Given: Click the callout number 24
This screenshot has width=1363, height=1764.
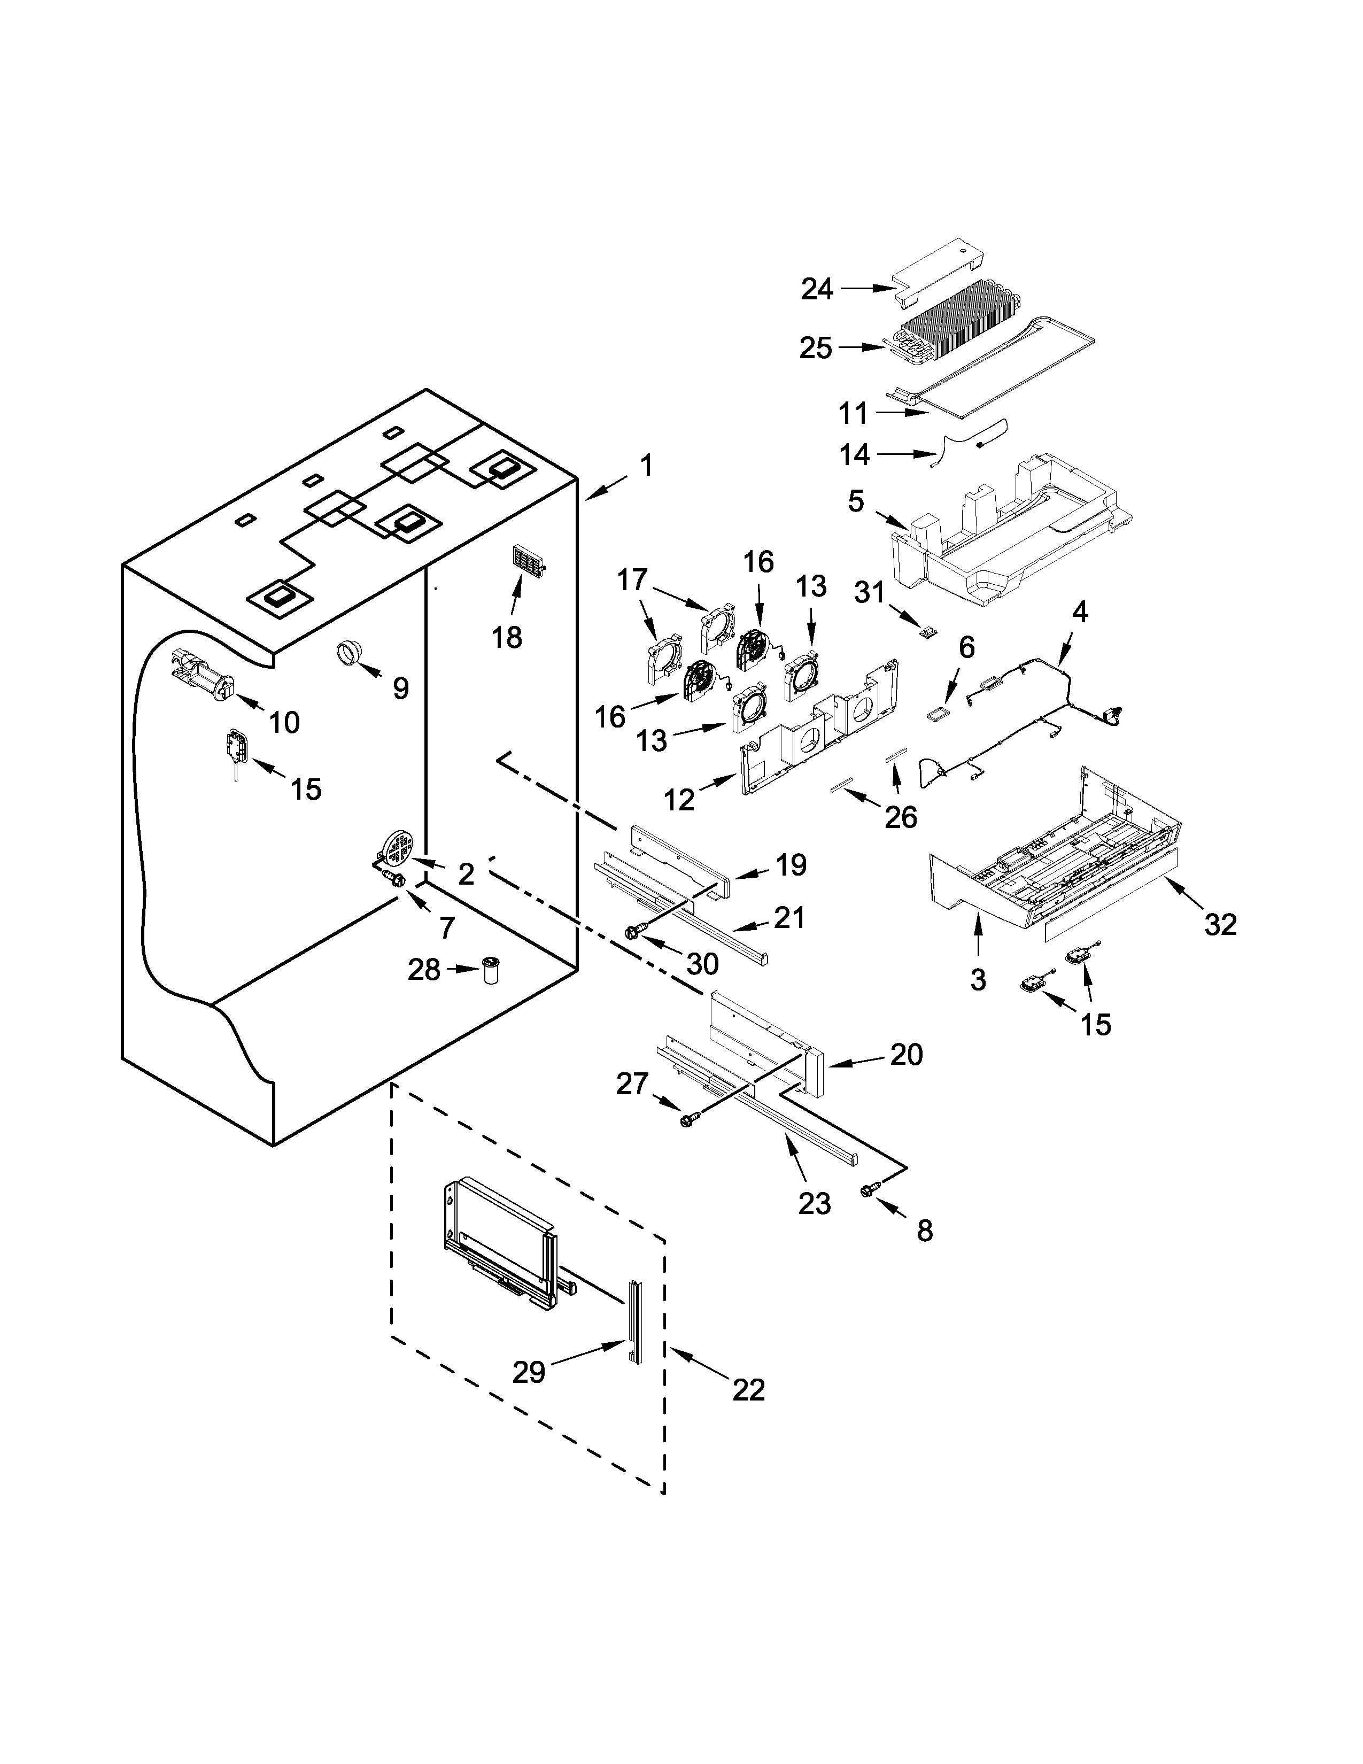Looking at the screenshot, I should pos(817,288).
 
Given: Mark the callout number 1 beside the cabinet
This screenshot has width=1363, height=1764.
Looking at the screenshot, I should pos(646,466).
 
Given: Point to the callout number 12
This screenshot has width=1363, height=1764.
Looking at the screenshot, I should pos(679,800).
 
